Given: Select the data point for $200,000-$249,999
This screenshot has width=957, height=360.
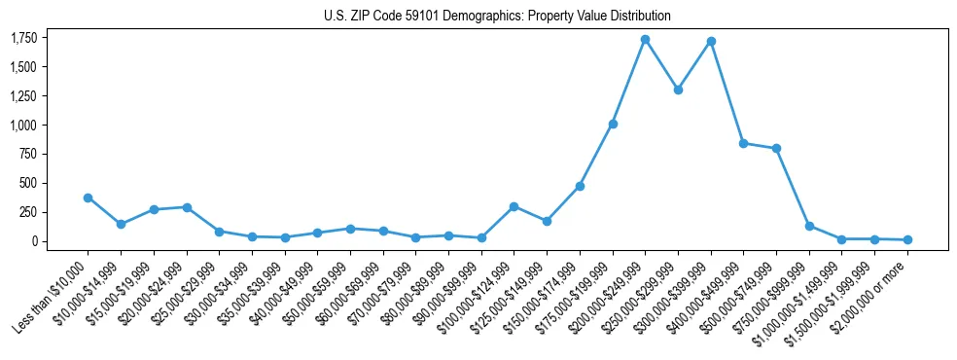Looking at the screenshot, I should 645,39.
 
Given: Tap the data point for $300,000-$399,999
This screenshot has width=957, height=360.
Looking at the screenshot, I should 711,41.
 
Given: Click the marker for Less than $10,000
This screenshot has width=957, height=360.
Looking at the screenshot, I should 88,198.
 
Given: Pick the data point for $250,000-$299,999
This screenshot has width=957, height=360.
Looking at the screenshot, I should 678,90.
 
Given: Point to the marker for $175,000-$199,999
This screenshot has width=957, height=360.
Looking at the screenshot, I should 613,124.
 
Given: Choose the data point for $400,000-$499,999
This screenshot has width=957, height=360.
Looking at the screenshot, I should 743,143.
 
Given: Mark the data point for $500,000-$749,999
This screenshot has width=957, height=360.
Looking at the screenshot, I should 776,148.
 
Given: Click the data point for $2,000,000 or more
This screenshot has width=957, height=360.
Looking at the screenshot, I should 907,239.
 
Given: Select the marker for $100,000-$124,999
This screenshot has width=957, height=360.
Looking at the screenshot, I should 514,206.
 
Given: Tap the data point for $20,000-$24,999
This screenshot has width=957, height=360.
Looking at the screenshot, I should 186,207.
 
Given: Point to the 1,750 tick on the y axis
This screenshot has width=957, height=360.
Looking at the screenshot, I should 24,38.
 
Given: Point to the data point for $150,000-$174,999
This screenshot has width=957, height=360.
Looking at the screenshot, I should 580,186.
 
